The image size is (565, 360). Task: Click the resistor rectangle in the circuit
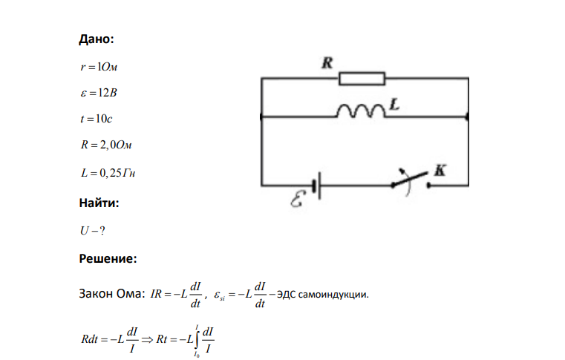point(362,79)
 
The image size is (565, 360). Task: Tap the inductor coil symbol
point(361,111)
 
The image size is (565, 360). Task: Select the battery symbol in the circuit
point(317,186)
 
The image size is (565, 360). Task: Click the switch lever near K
point(411,179)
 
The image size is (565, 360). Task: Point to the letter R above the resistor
point(327,63)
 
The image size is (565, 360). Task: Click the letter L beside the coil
point(394,105)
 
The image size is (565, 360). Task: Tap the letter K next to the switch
point(440,170)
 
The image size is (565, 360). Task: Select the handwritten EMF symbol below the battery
point(298,200)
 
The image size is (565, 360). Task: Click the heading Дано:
point(97,39)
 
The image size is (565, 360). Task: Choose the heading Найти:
point(99,203)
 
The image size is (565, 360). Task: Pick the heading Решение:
point(108,259)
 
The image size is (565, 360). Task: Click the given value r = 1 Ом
point(99,67)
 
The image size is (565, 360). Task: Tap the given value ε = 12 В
point(99,93)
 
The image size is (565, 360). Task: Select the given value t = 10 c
point(97,119)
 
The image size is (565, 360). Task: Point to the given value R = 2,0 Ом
point(106,145)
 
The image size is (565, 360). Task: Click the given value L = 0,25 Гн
point(108,173)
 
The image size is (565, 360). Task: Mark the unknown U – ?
point(93,231)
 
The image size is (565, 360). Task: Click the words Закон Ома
point(110,294)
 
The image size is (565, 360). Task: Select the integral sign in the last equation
point(197,339)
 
